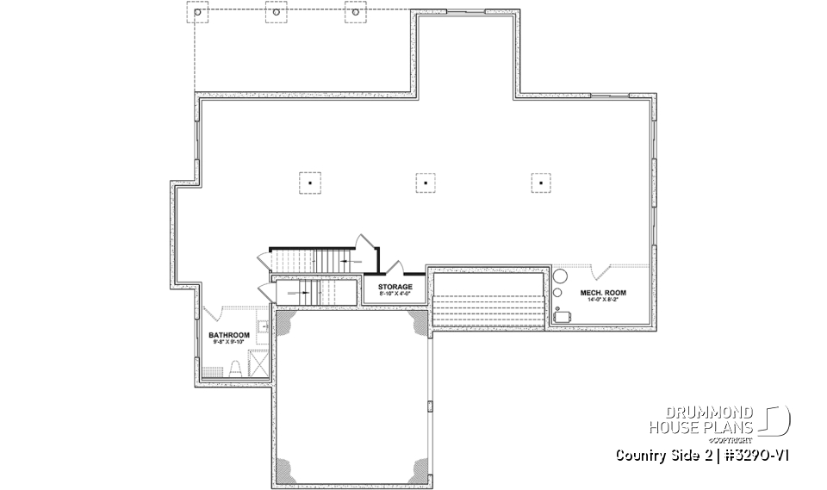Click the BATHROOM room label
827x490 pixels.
229,335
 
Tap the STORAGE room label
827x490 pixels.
395,287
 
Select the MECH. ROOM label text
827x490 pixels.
603,293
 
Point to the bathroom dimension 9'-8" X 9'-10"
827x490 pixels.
229,343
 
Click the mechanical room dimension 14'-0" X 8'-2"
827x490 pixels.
603,301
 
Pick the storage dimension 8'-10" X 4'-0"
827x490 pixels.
395,295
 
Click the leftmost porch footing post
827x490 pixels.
198,14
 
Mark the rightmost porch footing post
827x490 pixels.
352,14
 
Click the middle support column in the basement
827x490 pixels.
424,182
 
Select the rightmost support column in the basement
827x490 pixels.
540,182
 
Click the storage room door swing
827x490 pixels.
395,266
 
